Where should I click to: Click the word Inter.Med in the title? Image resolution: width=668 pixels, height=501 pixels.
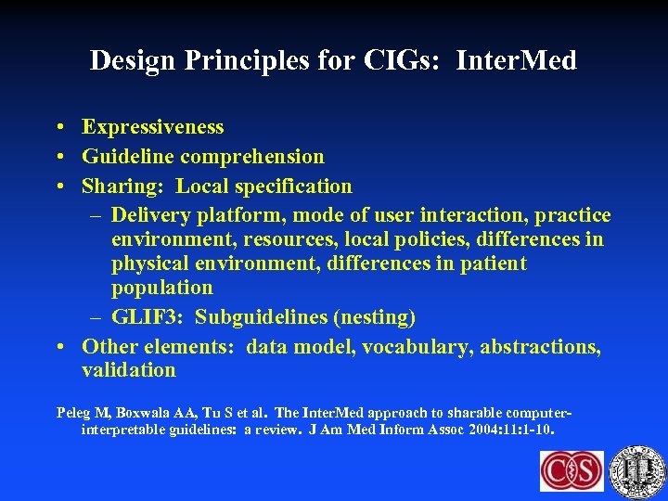point(516,61)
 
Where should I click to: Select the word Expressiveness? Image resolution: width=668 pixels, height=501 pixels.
point(153,127)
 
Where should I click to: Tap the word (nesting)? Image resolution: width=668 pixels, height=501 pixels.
point(372,317)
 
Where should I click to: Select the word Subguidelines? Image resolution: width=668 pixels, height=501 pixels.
point(261,317)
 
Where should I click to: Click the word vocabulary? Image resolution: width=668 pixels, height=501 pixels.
point(415,347)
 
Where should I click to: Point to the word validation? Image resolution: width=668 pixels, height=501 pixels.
point(129,370)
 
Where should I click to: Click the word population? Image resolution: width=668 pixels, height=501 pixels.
point(162,288)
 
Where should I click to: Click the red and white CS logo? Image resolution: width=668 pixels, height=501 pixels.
point(572,470)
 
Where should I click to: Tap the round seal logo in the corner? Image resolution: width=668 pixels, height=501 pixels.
point(639,470)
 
